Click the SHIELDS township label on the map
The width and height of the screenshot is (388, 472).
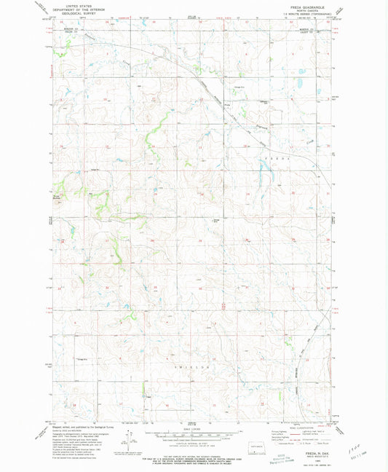pos(189,369)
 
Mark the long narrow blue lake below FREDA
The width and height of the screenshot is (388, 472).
pos(261,175)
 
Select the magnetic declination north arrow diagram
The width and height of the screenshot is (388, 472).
pos(129,442)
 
